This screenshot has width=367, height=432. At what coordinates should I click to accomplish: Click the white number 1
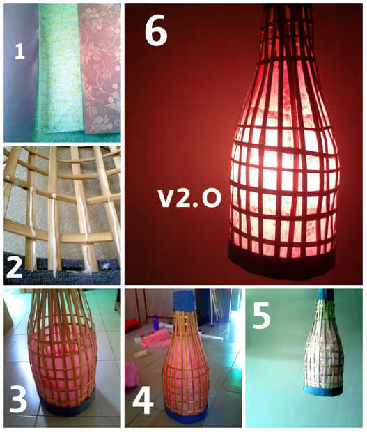click(19, 52)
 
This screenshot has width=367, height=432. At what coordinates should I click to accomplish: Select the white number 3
click(19, 399)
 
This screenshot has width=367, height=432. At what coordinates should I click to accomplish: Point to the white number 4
click(143, 399)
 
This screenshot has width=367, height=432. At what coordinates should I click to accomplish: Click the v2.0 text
click(189, 198)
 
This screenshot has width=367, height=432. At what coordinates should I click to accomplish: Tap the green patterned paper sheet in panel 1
click(60, 69)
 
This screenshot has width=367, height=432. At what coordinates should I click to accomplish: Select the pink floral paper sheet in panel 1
click(100, 69)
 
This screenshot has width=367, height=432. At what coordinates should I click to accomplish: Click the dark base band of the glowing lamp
click(281, 263)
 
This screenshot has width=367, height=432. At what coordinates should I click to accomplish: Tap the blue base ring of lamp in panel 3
click(67, 404)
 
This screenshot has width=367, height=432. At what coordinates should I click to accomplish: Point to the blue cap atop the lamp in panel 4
click(184, 300)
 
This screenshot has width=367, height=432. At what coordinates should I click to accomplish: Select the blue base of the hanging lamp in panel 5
click(323, 390)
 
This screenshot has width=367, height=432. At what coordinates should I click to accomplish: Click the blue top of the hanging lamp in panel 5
click(325, 295)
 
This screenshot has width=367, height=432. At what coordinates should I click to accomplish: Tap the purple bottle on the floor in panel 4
click(156, 323)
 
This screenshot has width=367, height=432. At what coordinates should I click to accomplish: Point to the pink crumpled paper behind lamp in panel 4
click(155, 339)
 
